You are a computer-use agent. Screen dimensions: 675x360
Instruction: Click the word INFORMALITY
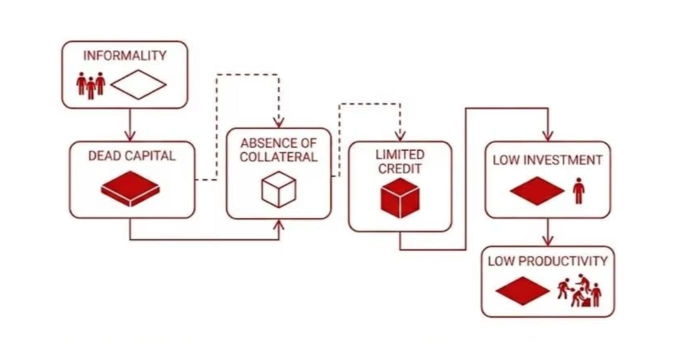[x=125, y=55]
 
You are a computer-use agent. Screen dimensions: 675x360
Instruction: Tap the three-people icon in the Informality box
[x=90, y=85]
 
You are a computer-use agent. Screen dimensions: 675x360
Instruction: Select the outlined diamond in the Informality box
[x=138, y=84]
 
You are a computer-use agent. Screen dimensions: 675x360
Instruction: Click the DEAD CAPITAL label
[x=131, y=156]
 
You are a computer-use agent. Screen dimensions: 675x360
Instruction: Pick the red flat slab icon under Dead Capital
[x=130, y=189]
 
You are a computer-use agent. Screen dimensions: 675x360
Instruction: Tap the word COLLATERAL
[x=278, y=157]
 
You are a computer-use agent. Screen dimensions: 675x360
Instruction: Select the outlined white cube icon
[x=278, y=189]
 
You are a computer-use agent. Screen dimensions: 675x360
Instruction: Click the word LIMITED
[x=400, y=154]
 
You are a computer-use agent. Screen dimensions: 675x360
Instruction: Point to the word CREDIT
[x=400, y=169]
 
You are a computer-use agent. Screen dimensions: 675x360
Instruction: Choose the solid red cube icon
[x=400, y=198]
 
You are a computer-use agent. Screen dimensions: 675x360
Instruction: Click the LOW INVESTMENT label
[x=547, y=160]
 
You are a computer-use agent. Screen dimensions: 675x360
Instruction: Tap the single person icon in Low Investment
[x=578, y=190]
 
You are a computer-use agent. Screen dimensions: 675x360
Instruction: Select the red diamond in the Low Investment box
[x=537, y=191]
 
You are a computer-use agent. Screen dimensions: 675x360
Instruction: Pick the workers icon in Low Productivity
[x=579, y=290]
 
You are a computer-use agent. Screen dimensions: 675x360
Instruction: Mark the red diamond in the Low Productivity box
[x=523, y=291]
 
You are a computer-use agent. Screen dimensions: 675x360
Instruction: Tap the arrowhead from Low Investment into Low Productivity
[x=547, y=241]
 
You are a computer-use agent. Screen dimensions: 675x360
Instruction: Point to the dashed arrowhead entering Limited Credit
[x=400, y=136]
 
